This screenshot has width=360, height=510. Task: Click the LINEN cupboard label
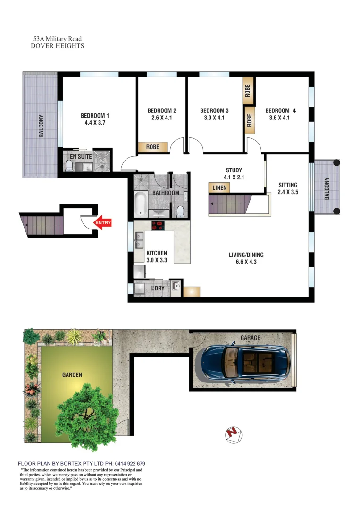[x=220, y=188]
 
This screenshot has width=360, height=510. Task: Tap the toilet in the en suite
[x=69, y=166]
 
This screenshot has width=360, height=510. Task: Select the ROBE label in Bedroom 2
[x=152, y=147]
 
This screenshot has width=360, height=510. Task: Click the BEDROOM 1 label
[x=95, y=116]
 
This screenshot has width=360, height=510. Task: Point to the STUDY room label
[x=234, y=170]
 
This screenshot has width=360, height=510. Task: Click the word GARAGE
[x=250, y=338]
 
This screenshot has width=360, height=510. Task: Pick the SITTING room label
[x=287, y=185]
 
